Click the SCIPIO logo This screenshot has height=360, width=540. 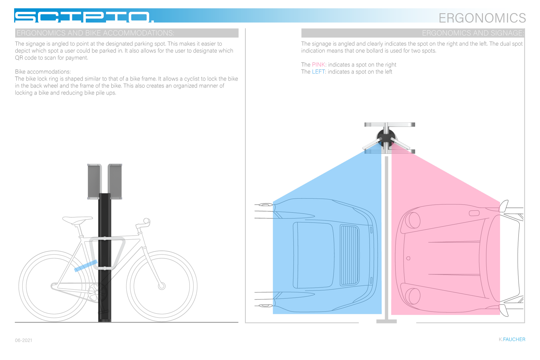click(x=84, y=17)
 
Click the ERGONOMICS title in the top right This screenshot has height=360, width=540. click(x=482, y=18)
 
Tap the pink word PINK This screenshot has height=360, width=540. click(x=318, y=65)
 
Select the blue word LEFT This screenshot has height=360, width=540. click(x=318, y=72)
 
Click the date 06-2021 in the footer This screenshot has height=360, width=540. click(x=24, y=340)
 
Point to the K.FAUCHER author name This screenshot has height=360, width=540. click(x=512, y=339)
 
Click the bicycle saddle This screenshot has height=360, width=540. click(x=77, y=220)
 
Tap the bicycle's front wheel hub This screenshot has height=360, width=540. click(x=162, y=286)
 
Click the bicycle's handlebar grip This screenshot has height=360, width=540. click(x=147, y=221)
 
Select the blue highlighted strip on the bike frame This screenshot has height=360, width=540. click(x=86, y=266)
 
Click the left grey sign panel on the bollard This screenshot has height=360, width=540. click(x=94, y=181)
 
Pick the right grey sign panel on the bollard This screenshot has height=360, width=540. click(x=115, y=181)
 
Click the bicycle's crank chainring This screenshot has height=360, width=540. click(x=97, y=292)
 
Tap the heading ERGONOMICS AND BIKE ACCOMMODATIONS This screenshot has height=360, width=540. click(x=95, y=33)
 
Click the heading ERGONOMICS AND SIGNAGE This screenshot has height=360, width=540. click(x=472, y=33)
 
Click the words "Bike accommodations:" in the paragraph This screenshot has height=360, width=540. click(x=43, y=72)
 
